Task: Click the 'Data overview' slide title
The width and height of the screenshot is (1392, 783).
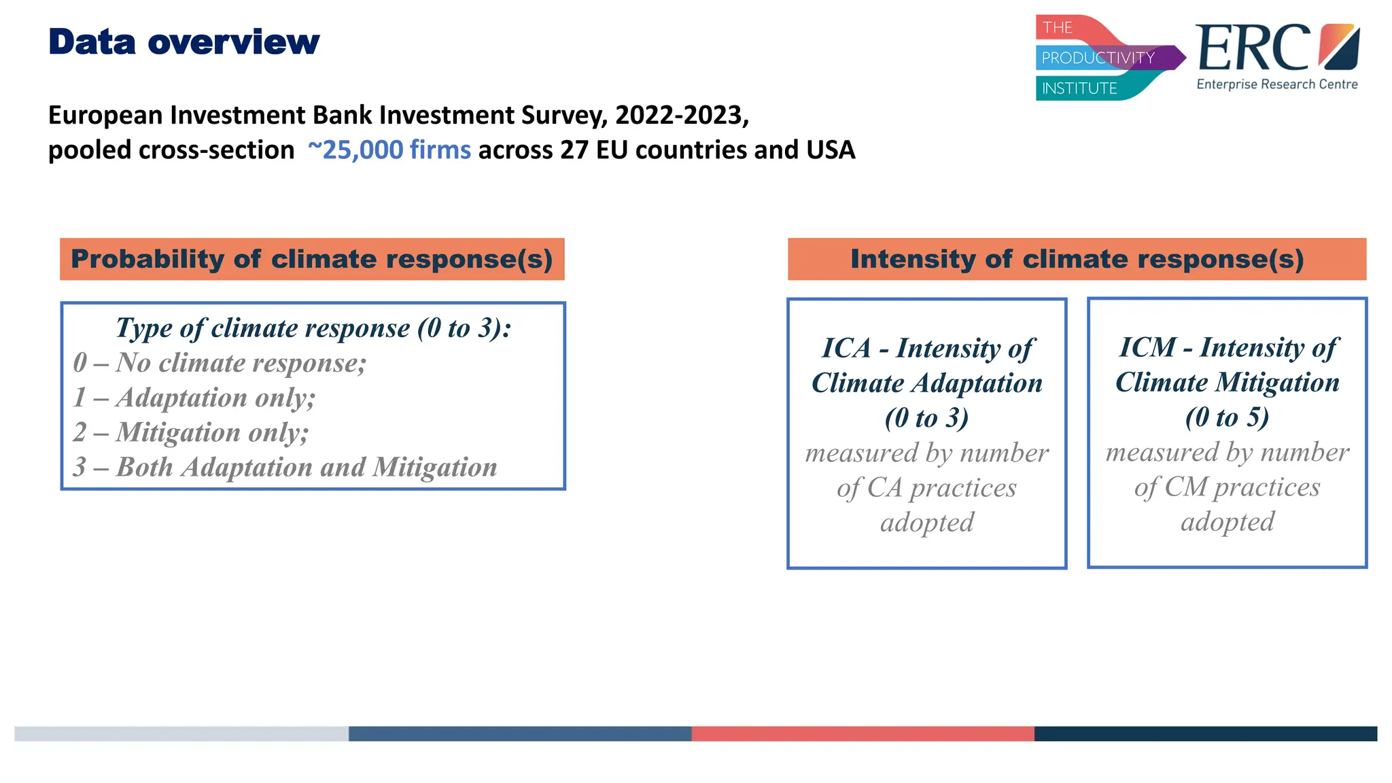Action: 184,42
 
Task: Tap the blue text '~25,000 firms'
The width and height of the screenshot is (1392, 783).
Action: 389,150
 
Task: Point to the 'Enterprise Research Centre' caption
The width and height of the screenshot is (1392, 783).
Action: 1277,84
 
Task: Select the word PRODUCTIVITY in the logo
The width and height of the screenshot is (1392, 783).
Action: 1098,58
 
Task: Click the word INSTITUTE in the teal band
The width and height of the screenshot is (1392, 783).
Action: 1079,88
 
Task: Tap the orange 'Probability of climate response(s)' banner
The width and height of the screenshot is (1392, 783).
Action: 312,259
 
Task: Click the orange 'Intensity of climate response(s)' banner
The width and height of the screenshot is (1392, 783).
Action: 1077,259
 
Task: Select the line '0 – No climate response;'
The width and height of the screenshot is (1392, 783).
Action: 220,363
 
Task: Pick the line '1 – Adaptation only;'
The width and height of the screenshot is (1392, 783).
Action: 194,398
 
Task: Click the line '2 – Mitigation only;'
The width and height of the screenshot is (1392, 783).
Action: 191,432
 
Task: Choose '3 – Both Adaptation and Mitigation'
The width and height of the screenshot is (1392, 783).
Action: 285,467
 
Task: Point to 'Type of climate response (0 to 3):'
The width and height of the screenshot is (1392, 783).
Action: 313,328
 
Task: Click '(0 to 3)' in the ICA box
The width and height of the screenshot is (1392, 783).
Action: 926,418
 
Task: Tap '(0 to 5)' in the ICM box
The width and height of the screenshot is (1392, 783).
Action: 1227,417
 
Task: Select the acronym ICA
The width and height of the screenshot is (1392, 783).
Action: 846,349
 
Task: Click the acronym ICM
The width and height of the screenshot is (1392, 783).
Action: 1147,348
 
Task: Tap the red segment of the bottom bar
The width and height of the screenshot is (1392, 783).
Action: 863,734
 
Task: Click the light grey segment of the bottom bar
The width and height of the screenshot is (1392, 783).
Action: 181,734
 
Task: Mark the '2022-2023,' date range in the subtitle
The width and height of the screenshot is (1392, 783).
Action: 682,116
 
